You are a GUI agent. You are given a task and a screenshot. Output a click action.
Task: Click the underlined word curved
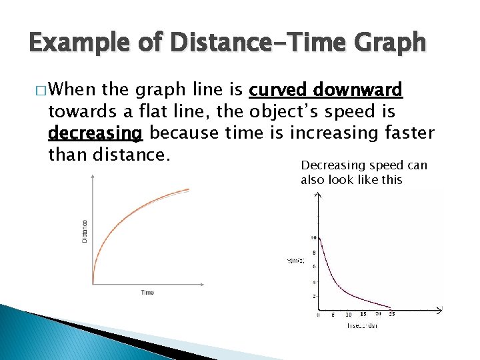coord(276,90)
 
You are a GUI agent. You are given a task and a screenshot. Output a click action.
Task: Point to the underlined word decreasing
coord(95,134)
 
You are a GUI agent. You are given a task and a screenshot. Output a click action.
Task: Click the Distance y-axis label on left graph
coord(85,231)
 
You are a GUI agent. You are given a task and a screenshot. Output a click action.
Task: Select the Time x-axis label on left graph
coord(147,293)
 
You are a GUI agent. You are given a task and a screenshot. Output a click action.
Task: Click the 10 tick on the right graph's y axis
coord(313,238)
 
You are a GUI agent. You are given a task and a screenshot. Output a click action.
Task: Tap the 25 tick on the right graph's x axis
coord(392,314)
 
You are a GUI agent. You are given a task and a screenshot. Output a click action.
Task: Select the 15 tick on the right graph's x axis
coord(363,314)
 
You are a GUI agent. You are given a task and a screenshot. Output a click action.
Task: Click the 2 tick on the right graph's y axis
coord(314,296)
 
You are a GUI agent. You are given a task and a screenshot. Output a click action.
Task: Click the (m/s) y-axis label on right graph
coord(296,261)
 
